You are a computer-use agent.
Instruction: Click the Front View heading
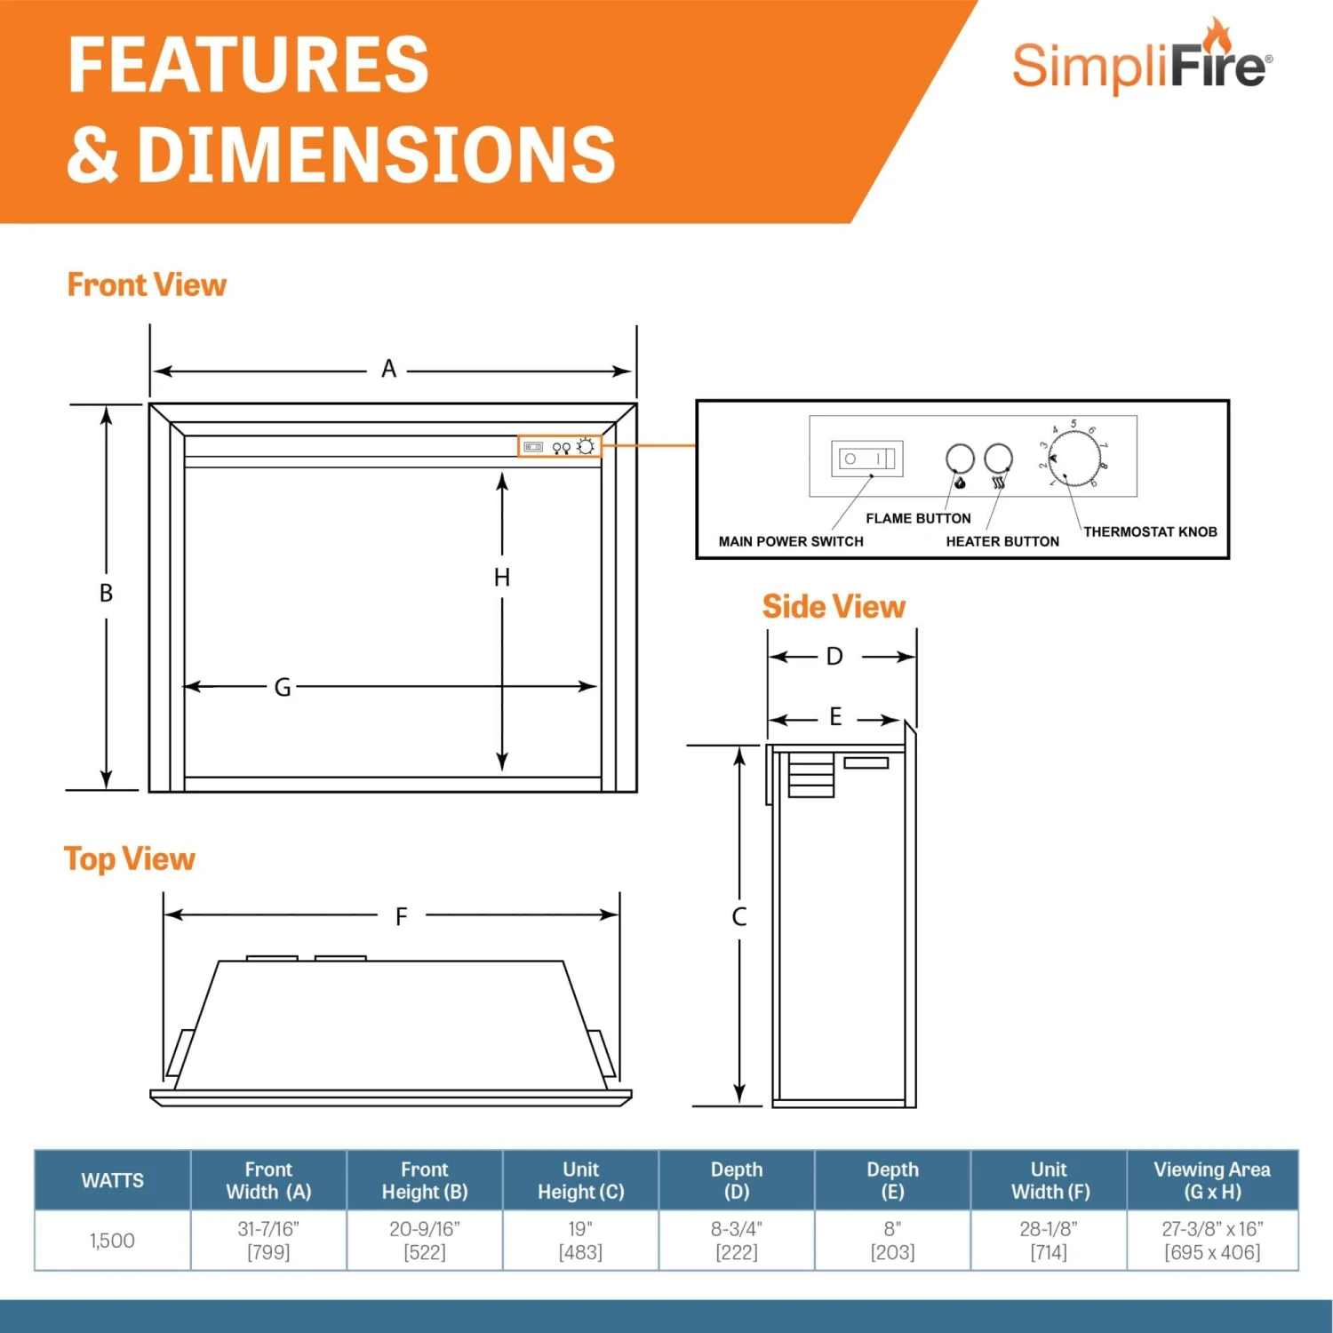click(147, 285)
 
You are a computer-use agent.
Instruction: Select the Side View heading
click(834, 607)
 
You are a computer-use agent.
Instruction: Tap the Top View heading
click(130, 859)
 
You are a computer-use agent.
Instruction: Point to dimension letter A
click(388, 369)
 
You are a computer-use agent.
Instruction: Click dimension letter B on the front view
click(106, 593)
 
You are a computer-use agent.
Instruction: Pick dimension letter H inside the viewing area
click(502, 578)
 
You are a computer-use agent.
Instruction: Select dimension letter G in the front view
click(283, 687)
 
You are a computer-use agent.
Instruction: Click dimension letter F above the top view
click(402, 916)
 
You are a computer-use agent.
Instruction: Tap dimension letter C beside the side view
click(738, 917)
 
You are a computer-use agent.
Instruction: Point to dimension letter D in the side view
click(834, 657)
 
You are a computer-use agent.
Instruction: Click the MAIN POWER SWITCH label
click(791, 541)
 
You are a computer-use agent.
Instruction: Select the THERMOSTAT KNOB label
click(1150, 531)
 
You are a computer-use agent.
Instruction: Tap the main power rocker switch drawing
click(867, 459)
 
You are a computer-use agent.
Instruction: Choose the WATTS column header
click(113, 1180)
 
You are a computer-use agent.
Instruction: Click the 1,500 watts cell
click(113, 1241)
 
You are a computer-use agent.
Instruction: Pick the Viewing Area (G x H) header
click(1212, 1180)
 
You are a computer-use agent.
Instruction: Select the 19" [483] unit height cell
click(580, 1241)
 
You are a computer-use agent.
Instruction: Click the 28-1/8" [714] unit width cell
click(1049, 1241)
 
